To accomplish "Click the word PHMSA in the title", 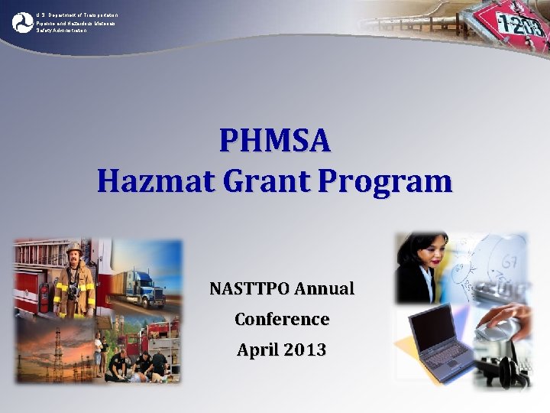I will [x=275, y=141].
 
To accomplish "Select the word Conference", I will [x=282, y=319].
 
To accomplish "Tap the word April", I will [x=258, y=350].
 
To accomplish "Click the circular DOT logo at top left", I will [x=23, y=22].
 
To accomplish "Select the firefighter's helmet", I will [x=74, y=249].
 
